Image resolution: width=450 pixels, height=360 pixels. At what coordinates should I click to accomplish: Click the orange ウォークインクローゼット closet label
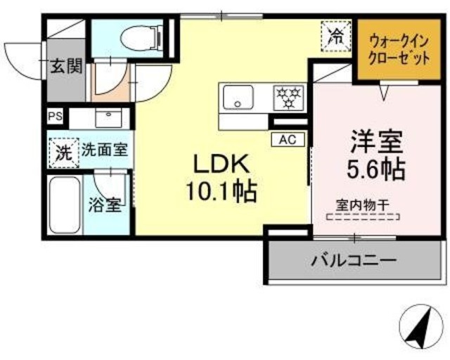tap(399, 49)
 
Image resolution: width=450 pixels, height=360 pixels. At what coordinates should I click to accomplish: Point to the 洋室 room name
tap(377, 141)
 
